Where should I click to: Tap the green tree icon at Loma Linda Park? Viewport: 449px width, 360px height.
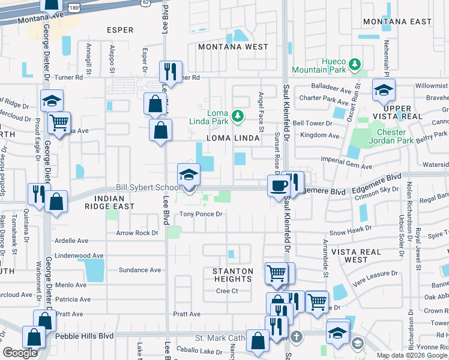point(238,115)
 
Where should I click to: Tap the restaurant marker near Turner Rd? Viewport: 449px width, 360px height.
point(170,72)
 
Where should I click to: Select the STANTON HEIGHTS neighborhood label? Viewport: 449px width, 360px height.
point(233,275)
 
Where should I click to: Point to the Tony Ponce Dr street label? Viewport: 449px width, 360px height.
point(201,214)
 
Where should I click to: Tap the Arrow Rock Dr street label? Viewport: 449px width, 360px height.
point(137,233)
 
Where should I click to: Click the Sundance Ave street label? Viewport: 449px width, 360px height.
point(139,270)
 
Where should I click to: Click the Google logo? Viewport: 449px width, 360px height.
point(20,353)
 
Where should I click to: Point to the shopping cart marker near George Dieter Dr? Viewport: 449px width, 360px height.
point(59,124)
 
